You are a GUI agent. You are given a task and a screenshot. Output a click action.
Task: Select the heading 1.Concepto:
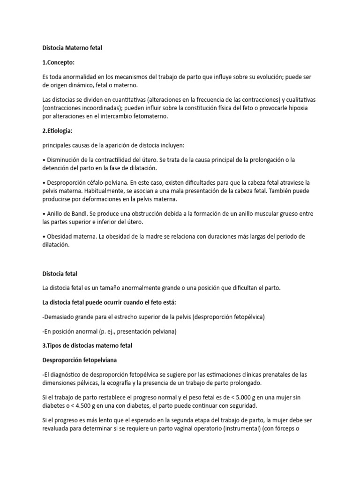pyautogui.click(x=58, y=62)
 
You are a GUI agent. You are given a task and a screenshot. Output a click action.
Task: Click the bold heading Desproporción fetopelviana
pyautogui.click(x=80, y=360)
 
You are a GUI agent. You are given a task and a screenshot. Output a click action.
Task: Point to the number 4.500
pyautogui.click(x=88, y=405)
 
